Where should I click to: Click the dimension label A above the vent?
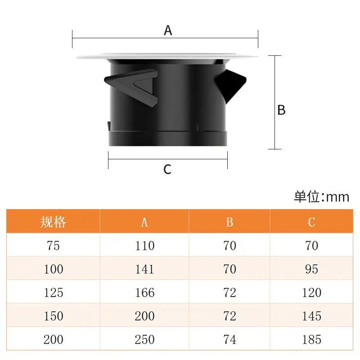click(x=168, y=30)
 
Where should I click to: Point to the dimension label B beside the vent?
click(x=281, y=110)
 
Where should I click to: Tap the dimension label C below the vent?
click(x=167, y=170)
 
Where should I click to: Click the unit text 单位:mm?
click(x=321, y=197)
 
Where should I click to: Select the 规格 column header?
click(x=53, y=222)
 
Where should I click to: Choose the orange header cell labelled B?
click(x=229, y=222)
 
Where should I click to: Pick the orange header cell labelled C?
click(x=311, y=222)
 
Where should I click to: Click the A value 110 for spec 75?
click(x=144, y=245)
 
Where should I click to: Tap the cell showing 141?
click(x=144, y=269)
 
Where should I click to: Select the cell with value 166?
click(x=144, y=292)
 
